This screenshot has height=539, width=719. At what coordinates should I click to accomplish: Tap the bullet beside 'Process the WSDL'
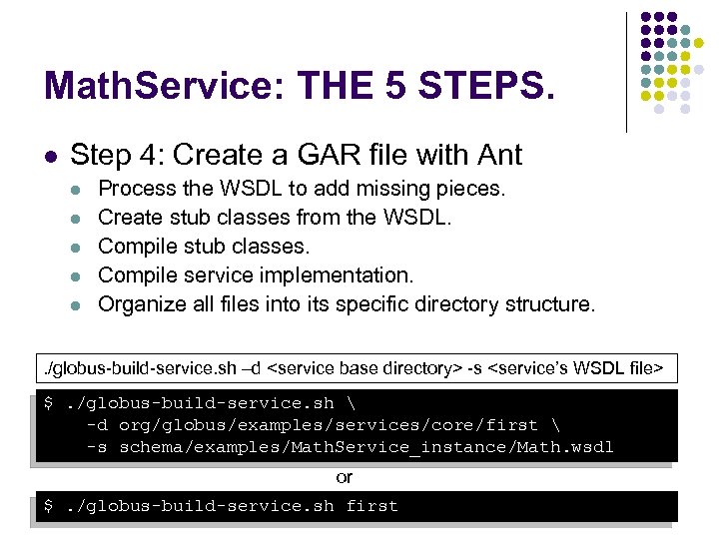(77, 189)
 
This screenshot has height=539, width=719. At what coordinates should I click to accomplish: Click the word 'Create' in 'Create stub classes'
(131, 217)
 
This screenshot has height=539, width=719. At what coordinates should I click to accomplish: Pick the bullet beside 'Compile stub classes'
(77, 247)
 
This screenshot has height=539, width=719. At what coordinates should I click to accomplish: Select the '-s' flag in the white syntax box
(477, 368)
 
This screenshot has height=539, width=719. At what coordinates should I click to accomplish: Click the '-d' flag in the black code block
(97, 425)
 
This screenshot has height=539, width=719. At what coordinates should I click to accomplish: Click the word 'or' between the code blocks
(345, 478)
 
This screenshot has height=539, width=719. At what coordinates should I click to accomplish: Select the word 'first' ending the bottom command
(371, 506)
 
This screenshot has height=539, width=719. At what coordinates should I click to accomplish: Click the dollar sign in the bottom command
(49, 506)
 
